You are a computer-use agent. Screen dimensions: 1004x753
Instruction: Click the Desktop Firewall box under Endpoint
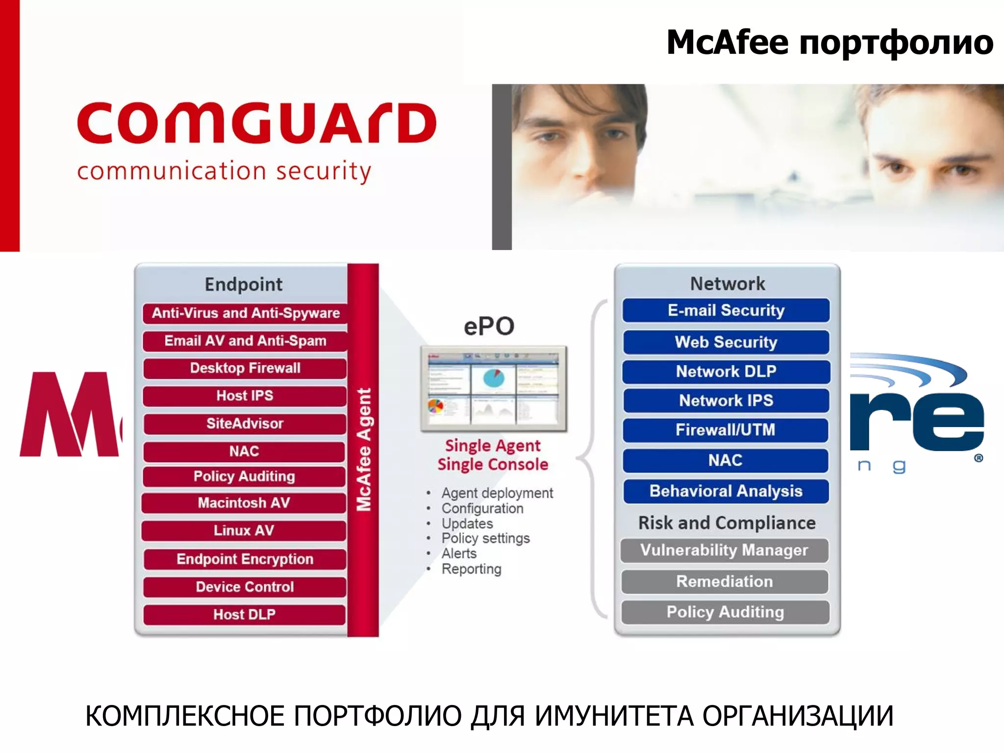(x=245, y=368)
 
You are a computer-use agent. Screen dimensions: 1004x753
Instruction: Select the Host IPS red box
(x=245, y=396)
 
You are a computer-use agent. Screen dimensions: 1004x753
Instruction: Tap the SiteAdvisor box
(x=245, y=424)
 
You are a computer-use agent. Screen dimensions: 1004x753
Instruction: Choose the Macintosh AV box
(x=244, y=503)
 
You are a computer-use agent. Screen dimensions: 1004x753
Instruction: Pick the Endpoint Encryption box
(x=245, y=559)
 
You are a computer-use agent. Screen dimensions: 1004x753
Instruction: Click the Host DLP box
(x=244, y=614)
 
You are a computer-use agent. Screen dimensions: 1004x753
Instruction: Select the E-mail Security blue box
(x=726, y=310)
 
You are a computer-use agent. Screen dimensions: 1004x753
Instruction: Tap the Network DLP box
(x=726, y=372)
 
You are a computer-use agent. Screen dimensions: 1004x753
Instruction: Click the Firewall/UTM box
(x=726, y=430)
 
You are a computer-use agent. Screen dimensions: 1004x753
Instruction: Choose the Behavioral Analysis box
(x=726, y=491)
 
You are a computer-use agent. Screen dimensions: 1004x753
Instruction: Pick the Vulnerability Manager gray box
(x=724, y=550)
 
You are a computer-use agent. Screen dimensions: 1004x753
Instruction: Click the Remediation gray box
(x=725, y=581)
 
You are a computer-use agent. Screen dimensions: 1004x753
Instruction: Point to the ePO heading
(x=489, y=326)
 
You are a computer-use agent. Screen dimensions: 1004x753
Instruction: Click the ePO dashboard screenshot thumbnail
(x=493, y=389)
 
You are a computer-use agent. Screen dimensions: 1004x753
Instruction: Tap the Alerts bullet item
(x=459, y=553)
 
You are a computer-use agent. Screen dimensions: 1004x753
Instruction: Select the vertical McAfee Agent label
(x=363, y=450)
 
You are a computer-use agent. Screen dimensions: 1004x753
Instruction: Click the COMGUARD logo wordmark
(x=256, y=123)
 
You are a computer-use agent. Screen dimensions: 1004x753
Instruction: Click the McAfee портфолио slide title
(x=829, y=43)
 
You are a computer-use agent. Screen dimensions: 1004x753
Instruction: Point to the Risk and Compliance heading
(x=727, y=523)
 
